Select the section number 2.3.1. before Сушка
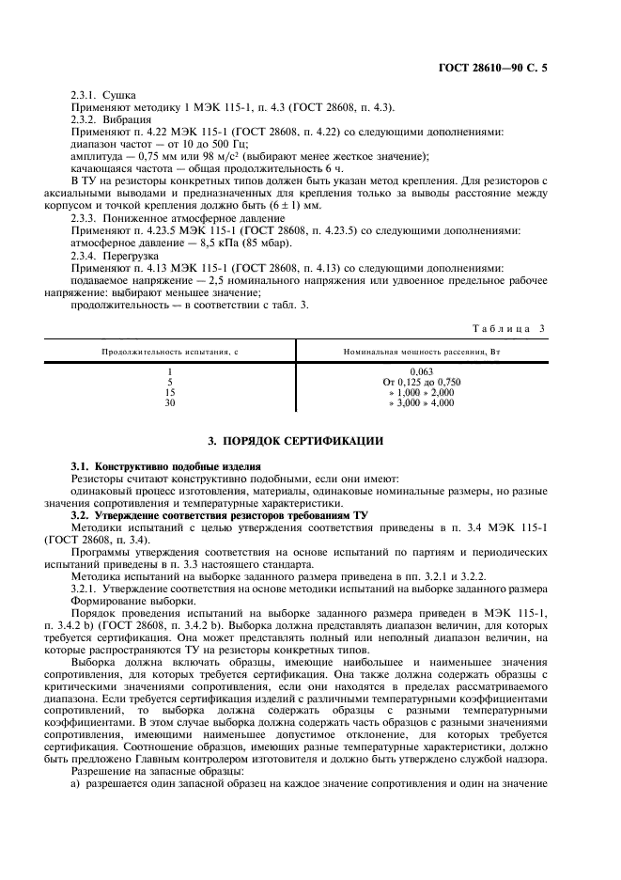(x=87, y=96)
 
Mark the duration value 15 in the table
(x=170, y=392)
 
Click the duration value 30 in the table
(x=170, y=402)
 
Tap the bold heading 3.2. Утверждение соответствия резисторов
(x=220, y=515)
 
